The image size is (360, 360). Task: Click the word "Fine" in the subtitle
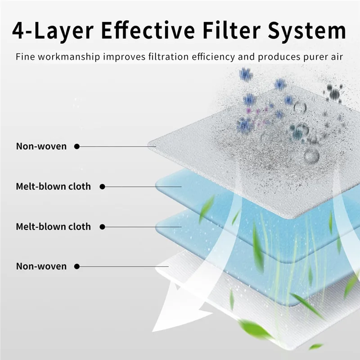23,57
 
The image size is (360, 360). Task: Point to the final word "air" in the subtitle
337,57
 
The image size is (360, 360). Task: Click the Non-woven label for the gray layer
41,146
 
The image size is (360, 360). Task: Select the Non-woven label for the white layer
41,266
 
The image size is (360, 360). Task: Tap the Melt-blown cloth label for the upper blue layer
54,186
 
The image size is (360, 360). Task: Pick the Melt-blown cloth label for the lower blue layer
54,226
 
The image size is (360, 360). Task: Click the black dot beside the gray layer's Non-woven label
77,146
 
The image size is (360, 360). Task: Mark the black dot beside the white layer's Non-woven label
77,266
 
